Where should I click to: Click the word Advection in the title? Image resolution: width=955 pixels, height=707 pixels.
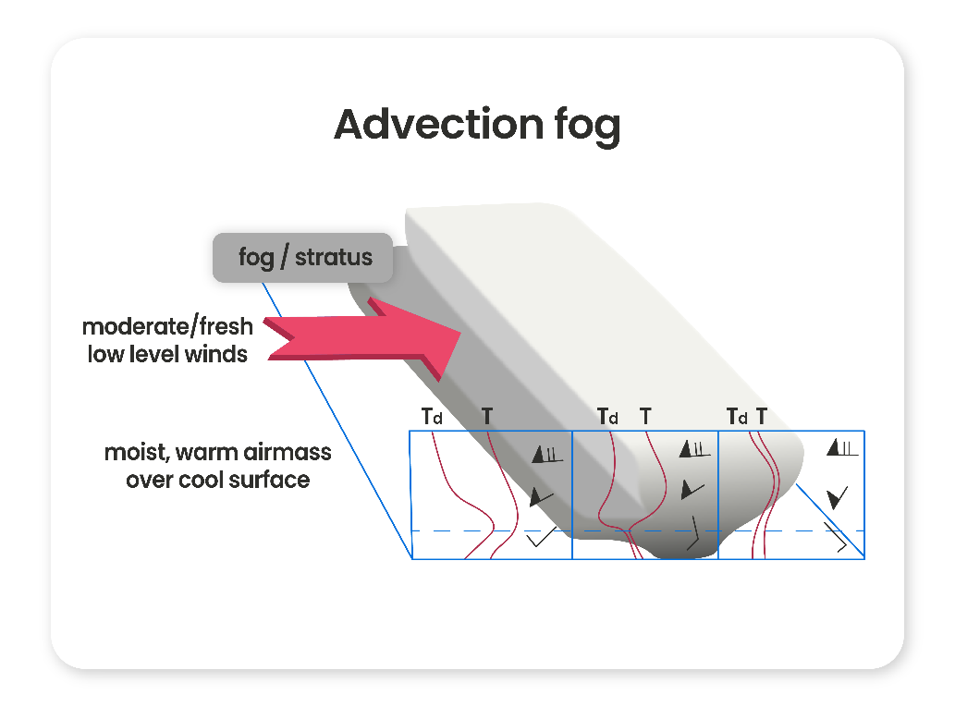(x=426, y=124)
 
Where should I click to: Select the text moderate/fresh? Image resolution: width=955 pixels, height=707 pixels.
(x=167, y=327)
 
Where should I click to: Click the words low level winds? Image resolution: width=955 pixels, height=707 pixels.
(x=167, y=353)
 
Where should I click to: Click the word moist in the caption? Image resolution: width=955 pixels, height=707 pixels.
(x=134, y=454)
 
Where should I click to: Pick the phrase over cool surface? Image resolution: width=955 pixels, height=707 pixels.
(x=218, y=480)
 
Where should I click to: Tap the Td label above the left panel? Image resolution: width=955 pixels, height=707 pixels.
(x=432, y=417)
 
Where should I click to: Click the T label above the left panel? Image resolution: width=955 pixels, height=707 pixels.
(x=487, y=417)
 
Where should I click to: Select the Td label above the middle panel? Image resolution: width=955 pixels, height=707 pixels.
(x=607, y=417)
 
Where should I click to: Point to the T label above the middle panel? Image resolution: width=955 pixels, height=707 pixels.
(x=645, y=417)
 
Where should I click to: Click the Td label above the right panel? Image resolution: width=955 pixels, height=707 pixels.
(x=737, y=417)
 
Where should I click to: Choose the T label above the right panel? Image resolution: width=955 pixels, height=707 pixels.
(x=762, y=417)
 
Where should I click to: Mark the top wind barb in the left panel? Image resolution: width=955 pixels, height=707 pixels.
(x=547, y=454)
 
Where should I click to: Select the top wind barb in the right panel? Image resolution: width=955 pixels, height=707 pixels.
(x=843, y=448)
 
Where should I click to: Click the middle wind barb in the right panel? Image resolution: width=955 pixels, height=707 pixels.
(x=838, y=497)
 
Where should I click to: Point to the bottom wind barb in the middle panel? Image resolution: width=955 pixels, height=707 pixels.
(x=694, y=534)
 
